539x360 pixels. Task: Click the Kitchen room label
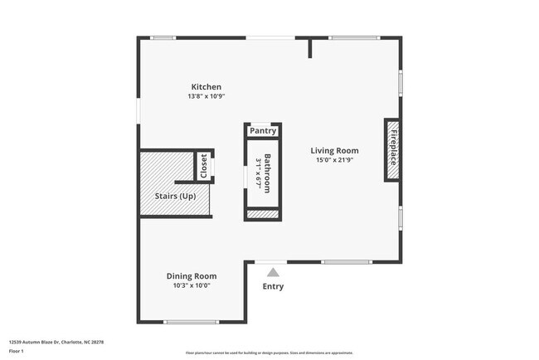206,87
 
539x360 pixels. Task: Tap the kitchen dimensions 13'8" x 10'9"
206,97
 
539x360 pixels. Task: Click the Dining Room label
192,276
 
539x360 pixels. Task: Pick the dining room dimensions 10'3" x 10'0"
192,286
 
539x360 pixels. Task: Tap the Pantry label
263,131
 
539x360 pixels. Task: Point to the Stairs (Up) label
176,197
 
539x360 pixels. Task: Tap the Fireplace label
393,149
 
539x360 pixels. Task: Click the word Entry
273,287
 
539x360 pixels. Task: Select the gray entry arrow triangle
272,270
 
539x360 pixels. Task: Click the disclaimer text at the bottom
269,352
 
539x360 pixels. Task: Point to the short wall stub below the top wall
310,48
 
